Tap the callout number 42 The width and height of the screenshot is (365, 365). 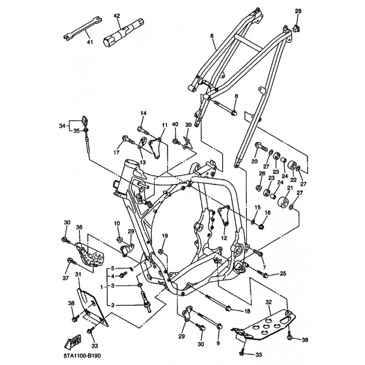click(x=117, y=16)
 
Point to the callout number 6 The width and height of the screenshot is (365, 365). click(x=212, y=36)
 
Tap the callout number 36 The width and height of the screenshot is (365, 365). click(x=79, y=228)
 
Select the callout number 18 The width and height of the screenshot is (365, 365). click(x=247, y=311)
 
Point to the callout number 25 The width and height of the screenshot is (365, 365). click(x=283, y=274)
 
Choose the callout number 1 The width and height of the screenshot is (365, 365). click(x=102, y=287)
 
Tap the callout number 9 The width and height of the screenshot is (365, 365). click(x=218, y=343)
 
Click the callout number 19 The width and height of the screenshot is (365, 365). click(x=165, y=236)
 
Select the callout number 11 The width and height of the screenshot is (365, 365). click(x=164, y=125)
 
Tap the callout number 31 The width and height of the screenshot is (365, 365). click(x=78, y=274)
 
